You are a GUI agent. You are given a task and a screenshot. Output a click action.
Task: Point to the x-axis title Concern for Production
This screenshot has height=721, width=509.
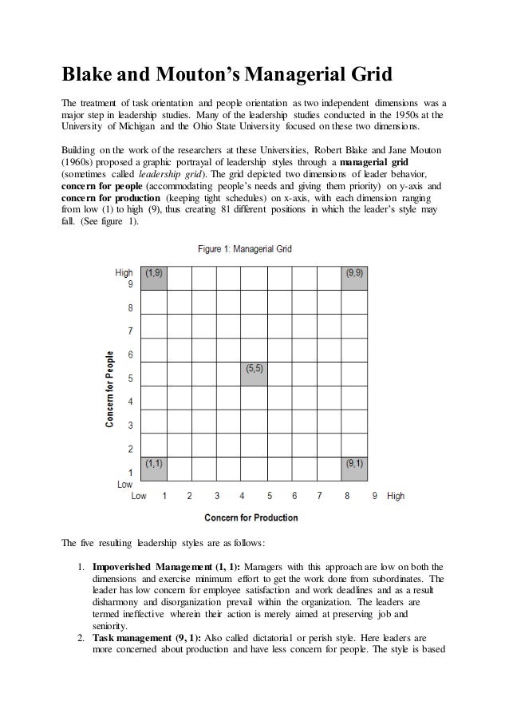251,517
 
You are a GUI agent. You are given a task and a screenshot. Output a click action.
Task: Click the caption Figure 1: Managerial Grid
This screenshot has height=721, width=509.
245,249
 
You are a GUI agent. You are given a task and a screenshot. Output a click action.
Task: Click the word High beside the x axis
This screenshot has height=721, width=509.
396,496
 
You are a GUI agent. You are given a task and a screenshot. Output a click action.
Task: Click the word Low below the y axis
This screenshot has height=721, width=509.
124,484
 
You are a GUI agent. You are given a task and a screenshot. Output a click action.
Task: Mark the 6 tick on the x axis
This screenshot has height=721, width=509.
295,496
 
